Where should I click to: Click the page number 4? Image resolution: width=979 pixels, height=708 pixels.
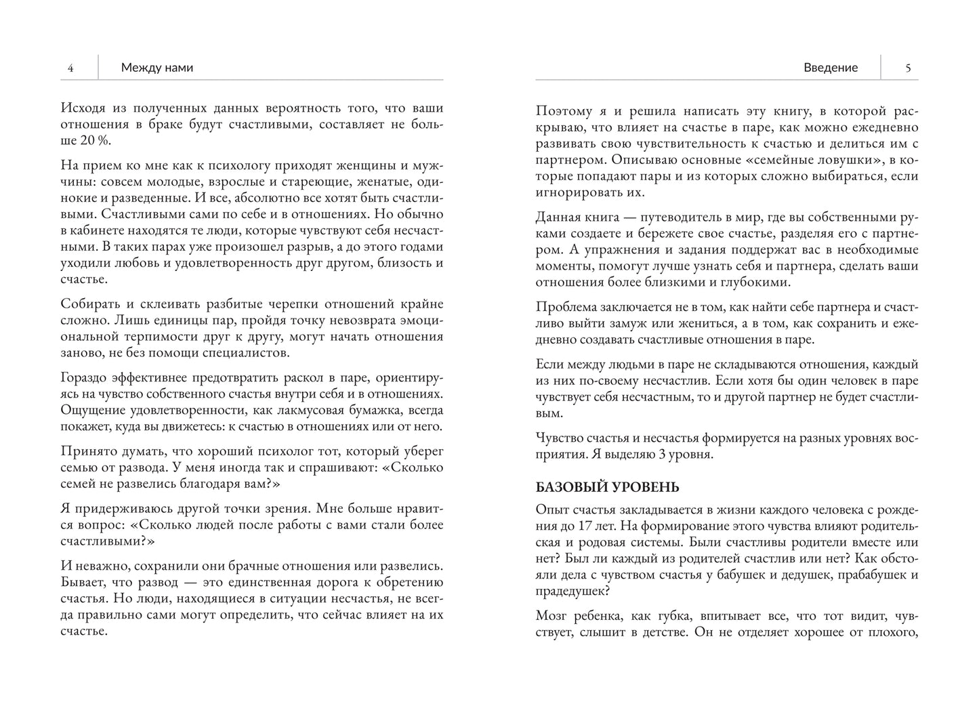70,68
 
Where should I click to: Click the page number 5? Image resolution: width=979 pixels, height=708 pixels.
908,68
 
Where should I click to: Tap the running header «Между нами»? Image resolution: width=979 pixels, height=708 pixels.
157,68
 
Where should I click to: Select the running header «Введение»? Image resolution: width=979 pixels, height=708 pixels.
830,68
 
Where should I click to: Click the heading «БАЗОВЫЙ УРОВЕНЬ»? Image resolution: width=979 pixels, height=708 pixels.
607,488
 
